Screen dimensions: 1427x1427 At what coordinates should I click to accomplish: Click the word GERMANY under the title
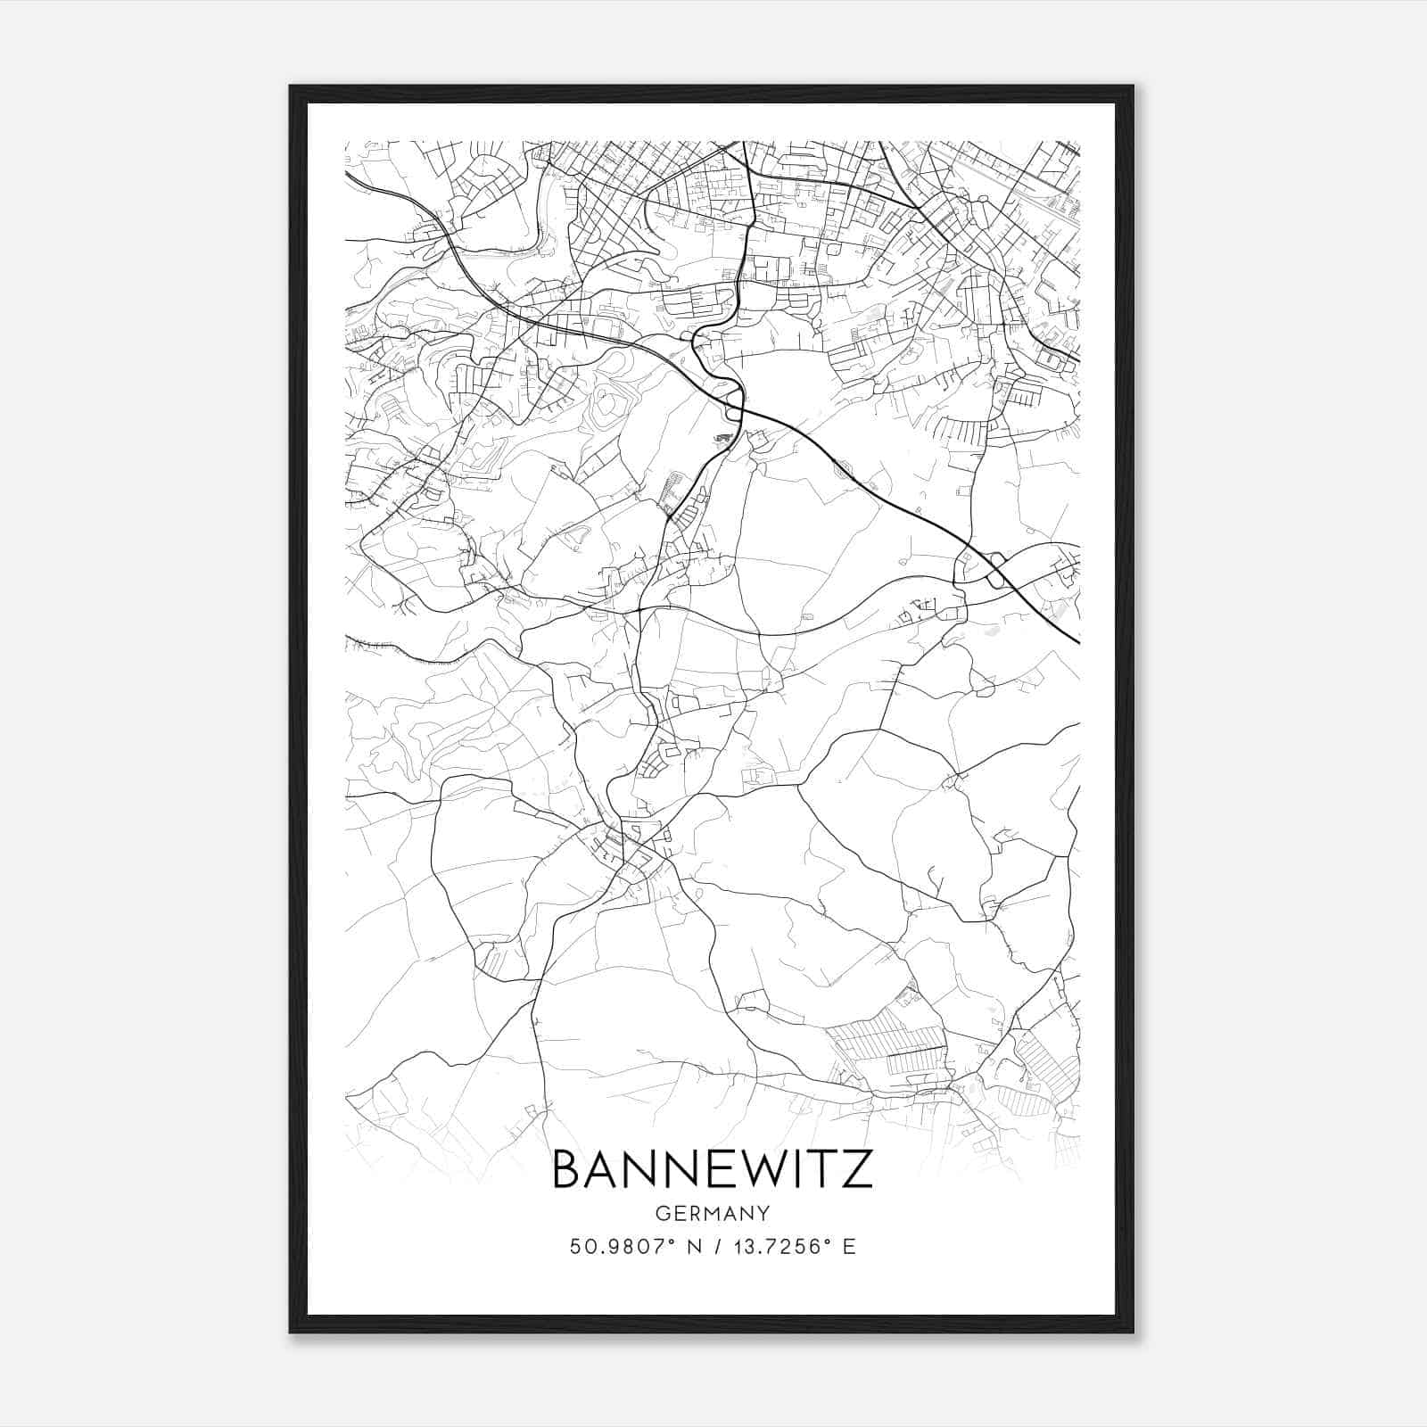click(712, 1213)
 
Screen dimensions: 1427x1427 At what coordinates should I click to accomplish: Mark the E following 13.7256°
click(848, 1247)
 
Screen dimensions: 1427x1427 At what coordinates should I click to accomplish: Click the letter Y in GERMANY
click(764, 1213)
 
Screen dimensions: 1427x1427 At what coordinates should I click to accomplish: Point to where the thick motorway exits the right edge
click(1077, 640)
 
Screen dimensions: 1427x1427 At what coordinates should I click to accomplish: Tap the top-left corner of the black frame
click(291, 87)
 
